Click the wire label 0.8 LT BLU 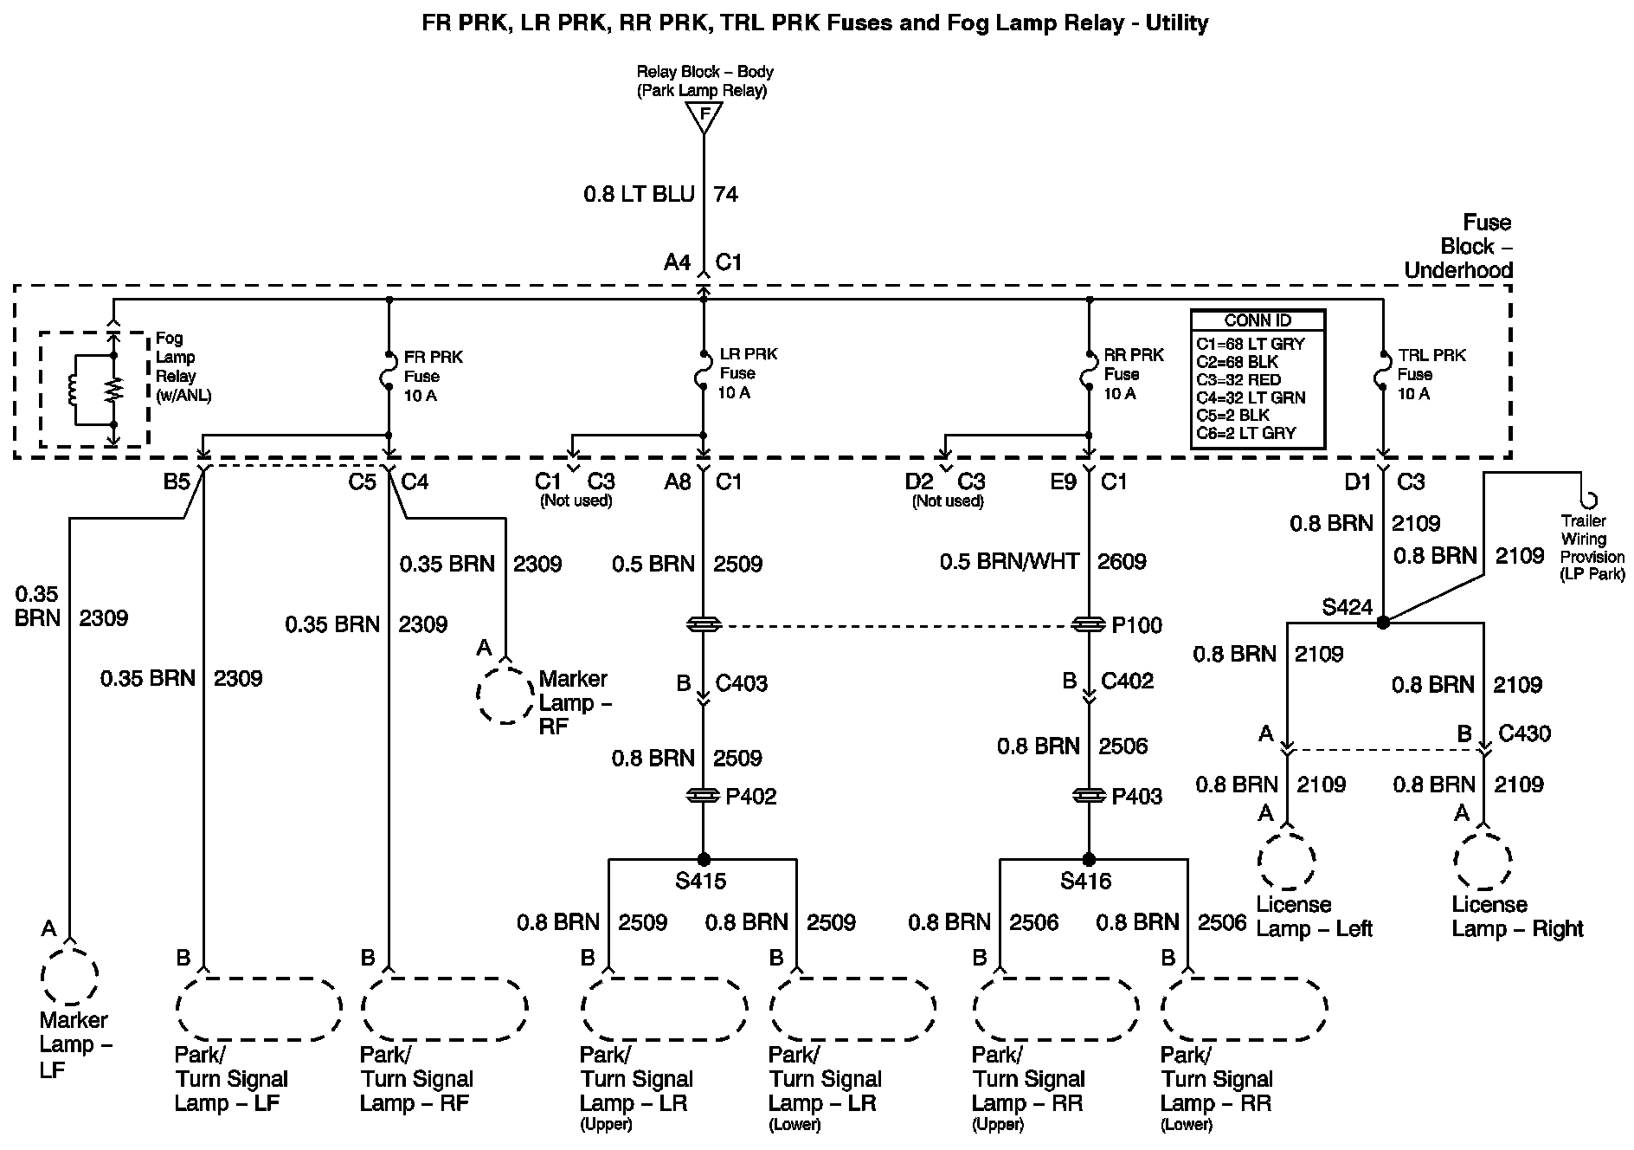tap(639, 194)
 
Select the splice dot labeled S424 tap(1382, 622)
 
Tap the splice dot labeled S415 tap(704, 859)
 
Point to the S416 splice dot tap(1089, 859)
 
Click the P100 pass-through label tap(1137, 625)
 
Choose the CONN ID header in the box tap(1258, 320)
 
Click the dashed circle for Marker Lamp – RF tap(505, 695)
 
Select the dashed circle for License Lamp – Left tap(1287, 861)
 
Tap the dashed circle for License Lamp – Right tap(1483, 861)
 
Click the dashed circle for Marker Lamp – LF tap(69, 976)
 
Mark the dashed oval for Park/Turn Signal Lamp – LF tap(258, 1007)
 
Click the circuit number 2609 tap(1122, 562)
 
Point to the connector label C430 tap(1524, 733)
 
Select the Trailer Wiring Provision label tap(1592, 547)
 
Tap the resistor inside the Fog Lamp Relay tap(113, 390)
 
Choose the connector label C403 tap(741, 683)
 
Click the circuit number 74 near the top tap(725, 194)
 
